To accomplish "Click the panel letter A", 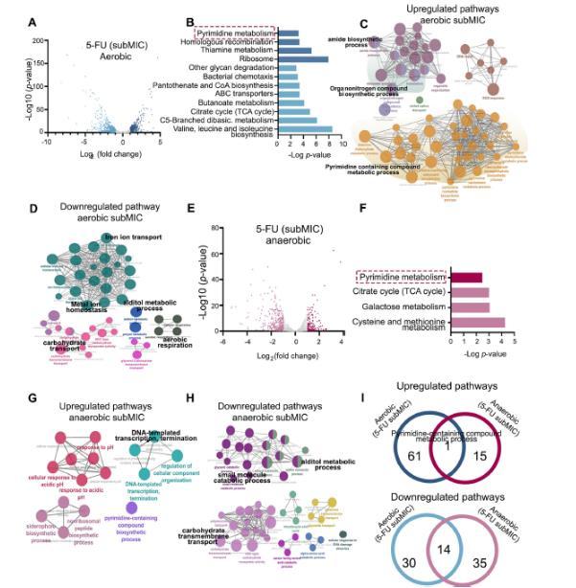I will (x=33, y=22).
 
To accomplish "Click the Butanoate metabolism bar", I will (x=289, y=102).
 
